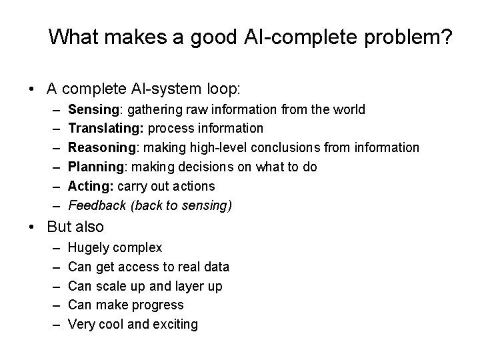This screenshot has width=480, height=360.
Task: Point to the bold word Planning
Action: [95, 167]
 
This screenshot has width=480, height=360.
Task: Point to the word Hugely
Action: [89, 248]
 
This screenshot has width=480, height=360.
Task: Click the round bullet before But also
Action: [33, 227]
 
